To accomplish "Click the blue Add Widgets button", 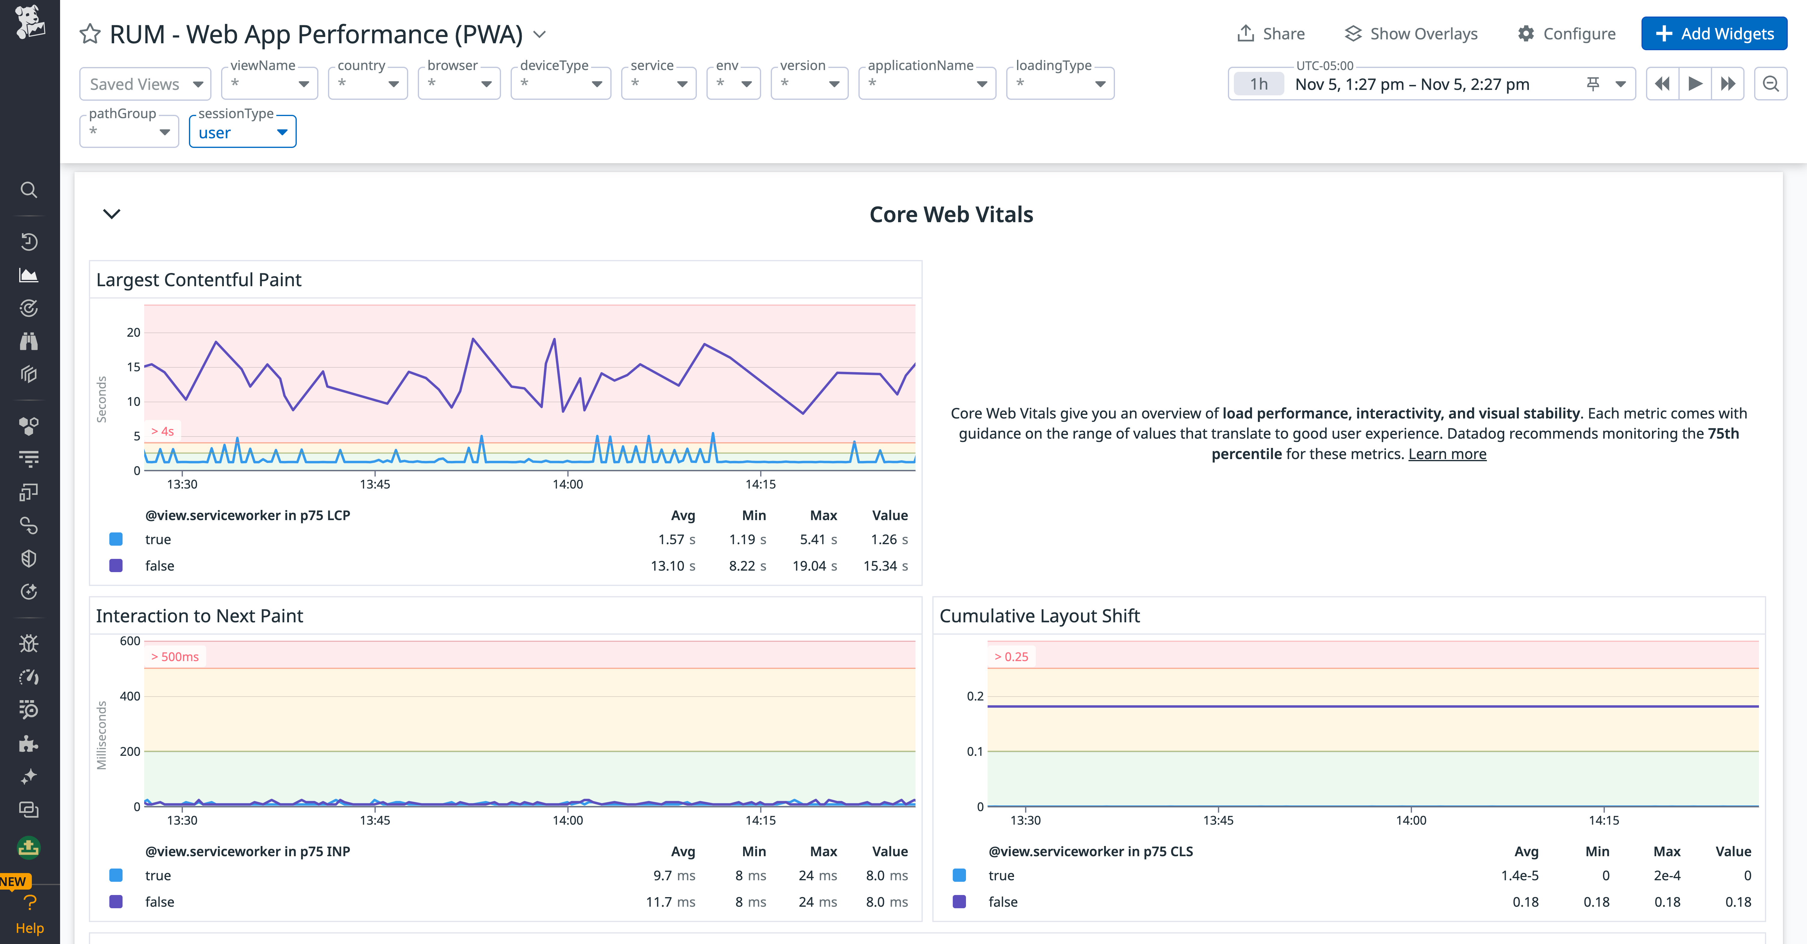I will coord(1714,34).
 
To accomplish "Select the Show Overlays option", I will coord(1411,34).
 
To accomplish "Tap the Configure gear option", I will coord(1566,34).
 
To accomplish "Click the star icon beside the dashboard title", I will coord(90,34).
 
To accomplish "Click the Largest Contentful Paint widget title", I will coord(199,279).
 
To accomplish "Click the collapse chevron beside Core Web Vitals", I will coord(111,214).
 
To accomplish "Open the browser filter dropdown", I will coord(459,84).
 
